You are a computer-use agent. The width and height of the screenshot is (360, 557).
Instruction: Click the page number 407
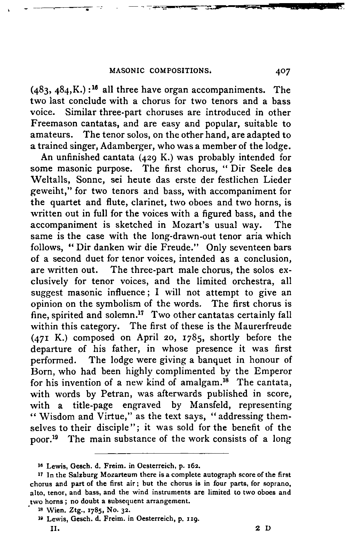point(283,72)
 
